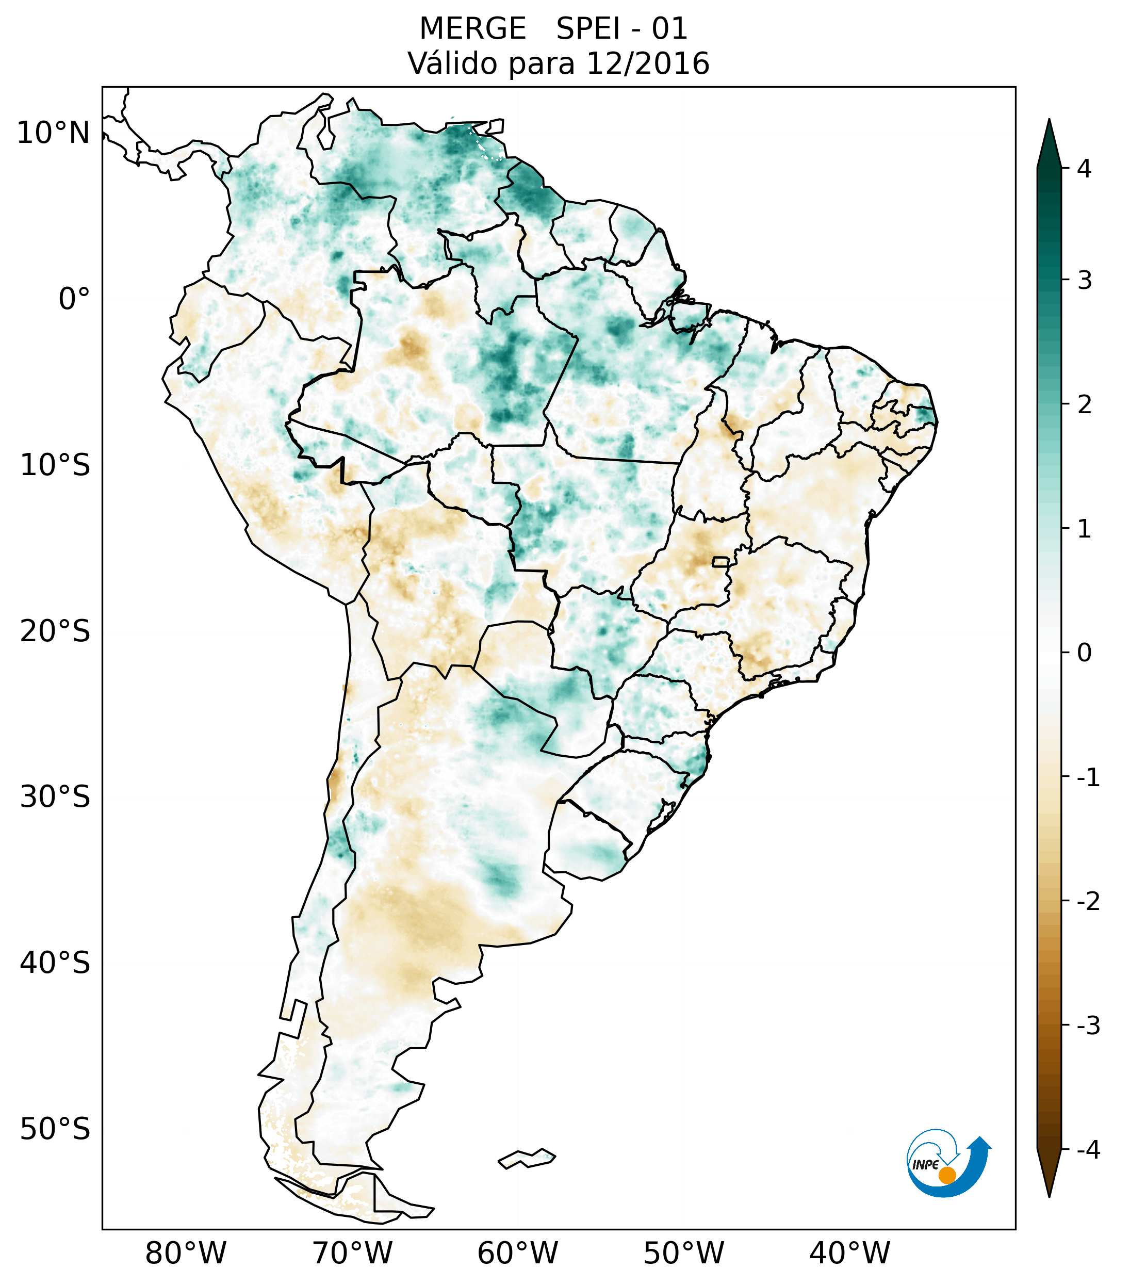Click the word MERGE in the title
coord(472,29)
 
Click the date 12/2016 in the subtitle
coord(647,63)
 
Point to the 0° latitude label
coord(74,299)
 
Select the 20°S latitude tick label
coord(55,631)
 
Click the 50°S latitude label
coord(55,1129)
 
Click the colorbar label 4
coord(1084,169)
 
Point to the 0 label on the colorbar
coord(1084,653)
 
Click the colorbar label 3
coord(1084,281)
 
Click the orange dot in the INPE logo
coord(947,1175)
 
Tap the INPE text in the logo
coord(925,1165)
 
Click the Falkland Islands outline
coord(527,1158)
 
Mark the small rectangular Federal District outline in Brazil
coord(720,561)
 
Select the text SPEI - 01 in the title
coord(621,29)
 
